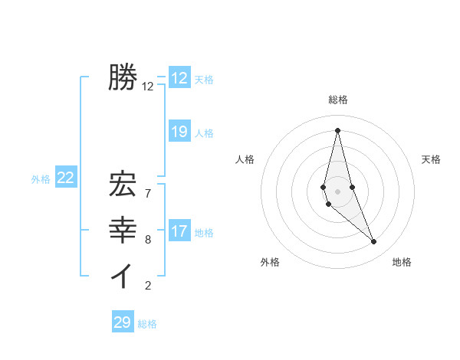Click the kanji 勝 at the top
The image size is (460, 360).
pyautogui.click(x=123, y=77)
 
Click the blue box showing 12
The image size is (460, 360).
pyautogui.click(x=179, y=78)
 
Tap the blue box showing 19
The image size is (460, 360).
pyautogui.click(x=179, y=132)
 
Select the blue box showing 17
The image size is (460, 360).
pyautogui.click(x=179, y=231)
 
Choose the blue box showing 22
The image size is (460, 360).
pyautogui.click(x=66, y=178)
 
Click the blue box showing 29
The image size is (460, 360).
pyautogui.click(x=123, y=322)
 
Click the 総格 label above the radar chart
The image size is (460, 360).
pyautogui.click(x=338, y=100)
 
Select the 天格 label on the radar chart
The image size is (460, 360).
pyautogui.click(x=431, y=159)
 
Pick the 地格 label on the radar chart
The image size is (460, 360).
pyautogui.click(x=402, y=262)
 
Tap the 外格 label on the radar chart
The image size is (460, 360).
pyautogui.click(x=270, y=262)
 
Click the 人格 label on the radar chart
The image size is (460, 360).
pyautogui.click(x=245, y=159)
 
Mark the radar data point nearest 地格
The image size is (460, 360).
pyautogui.click(x=374, y=242)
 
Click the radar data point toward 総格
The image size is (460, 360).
pyautogui.click(x=337, y=130)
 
